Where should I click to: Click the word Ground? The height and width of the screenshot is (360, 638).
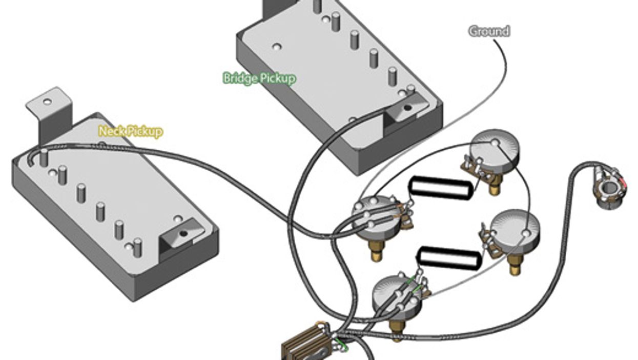(489, 31)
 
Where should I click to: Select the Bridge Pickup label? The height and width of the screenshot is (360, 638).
(259, 78)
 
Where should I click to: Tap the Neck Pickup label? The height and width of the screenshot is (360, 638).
(130, 131)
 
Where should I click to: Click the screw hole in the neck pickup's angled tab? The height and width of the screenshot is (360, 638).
(183, 233)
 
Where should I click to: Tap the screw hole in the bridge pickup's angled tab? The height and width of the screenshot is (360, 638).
(407, 108)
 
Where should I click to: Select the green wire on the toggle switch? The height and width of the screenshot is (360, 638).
(343, 347)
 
